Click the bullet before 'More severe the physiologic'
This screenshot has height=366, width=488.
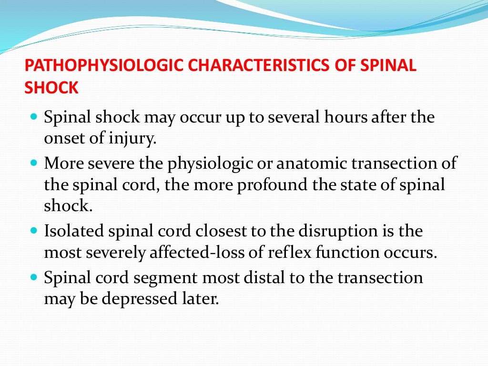[33, 163]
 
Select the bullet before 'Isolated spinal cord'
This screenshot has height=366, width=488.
[33, 231]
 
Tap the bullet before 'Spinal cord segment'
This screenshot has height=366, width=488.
[33, 276]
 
